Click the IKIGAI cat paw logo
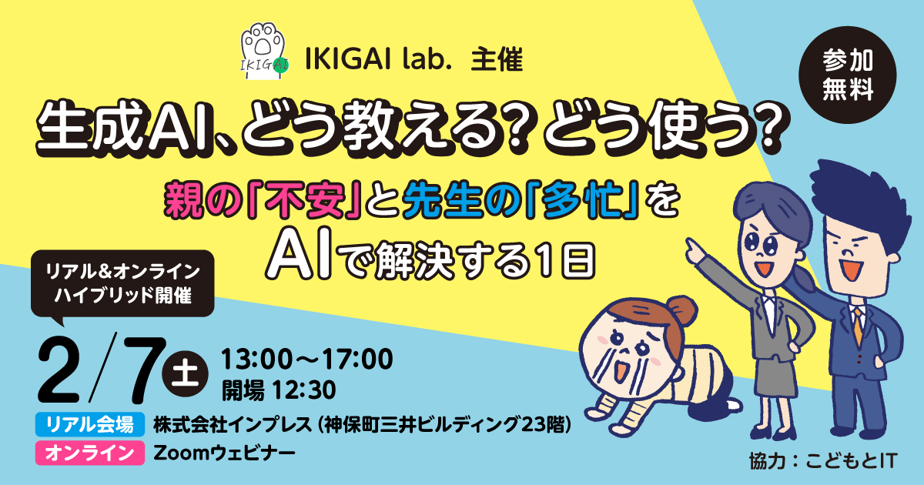[x=264, y=51]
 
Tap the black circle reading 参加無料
[x=847, y=75]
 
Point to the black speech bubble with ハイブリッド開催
[x=122, y=285]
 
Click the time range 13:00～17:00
[x=307, y=359]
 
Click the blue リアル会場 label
[x=90, y=424]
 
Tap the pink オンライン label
[x=90, y=453]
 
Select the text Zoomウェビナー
[x=224, y=453]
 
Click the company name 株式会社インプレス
[x=233, y=424]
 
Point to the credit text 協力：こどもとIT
[x=823, y=460]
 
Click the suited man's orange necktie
[x=859, y=326]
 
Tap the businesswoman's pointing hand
[x=696, y=249]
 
